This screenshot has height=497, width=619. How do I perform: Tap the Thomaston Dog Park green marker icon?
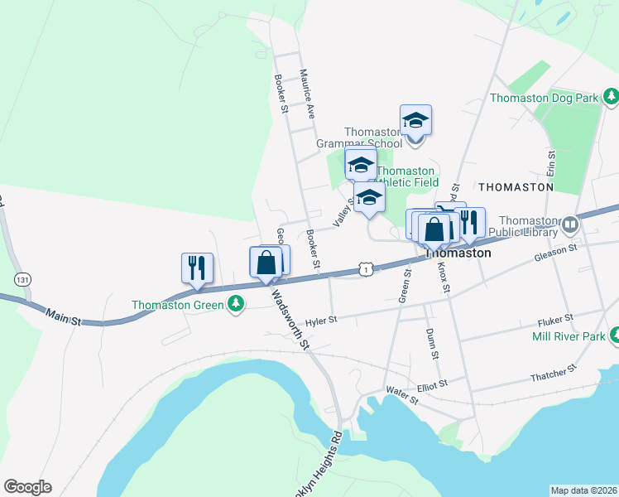coord(611,98)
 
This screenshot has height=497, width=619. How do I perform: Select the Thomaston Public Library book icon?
coord(569,224)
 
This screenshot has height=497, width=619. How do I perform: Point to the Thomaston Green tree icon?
coord(237,304)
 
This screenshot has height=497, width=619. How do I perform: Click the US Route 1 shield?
coord(365,268)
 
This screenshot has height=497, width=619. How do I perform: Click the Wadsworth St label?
coord(290,317)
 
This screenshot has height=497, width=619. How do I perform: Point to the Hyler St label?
coord(321,320)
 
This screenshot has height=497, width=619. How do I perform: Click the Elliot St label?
coord(431,384)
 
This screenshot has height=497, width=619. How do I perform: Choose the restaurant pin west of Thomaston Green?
coord(197,268)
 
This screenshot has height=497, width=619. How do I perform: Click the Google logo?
coord(27,487)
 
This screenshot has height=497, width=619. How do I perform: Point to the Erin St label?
coord(549,163)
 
